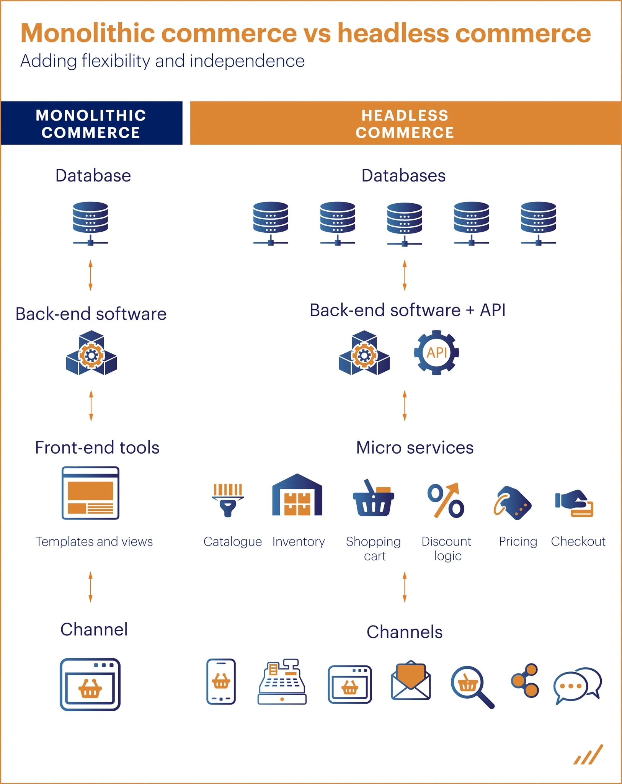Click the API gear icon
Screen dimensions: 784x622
click(x=436, y=353)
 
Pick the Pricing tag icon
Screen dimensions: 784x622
click(x=513, y=503)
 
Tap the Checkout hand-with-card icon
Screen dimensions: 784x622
click(x=574, y=503)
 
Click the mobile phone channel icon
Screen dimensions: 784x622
click(x=221, y=681)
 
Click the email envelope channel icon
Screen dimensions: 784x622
click(x=411, y=680)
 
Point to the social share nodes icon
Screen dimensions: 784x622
click(x=526, y=680)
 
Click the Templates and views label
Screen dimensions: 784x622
click(x=94, y=542)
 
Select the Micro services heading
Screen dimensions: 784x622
click(x=415, y=448)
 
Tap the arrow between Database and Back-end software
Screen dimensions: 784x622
click(x=90, y=275)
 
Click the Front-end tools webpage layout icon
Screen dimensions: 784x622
click(x=90, y=493)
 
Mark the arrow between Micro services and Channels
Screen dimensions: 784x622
click(x=405, y=587)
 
